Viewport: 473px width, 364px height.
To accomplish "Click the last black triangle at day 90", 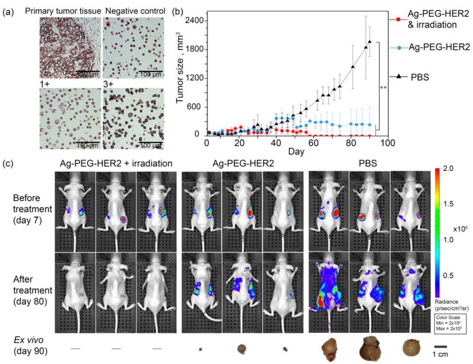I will click(370, 42).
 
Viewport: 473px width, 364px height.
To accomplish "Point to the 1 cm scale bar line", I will click(440, 345).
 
